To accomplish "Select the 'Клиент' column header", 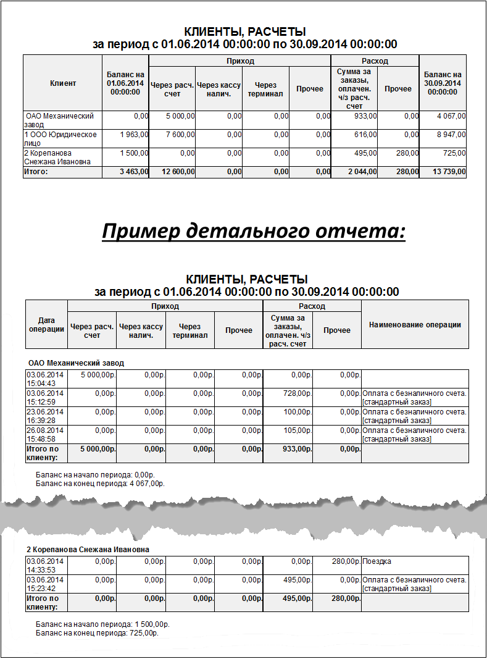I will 62,83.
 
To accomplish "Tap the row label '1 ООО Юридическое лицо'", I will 60,138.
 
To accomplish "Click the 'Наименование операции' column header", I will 415,325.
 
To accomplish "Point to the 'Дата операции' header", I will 46,325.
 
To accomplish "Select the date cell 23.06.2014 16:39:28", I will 44,416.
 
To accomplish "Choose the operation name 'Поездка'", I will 377,561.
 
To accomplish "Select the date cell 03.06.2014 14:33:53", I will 44,565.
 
